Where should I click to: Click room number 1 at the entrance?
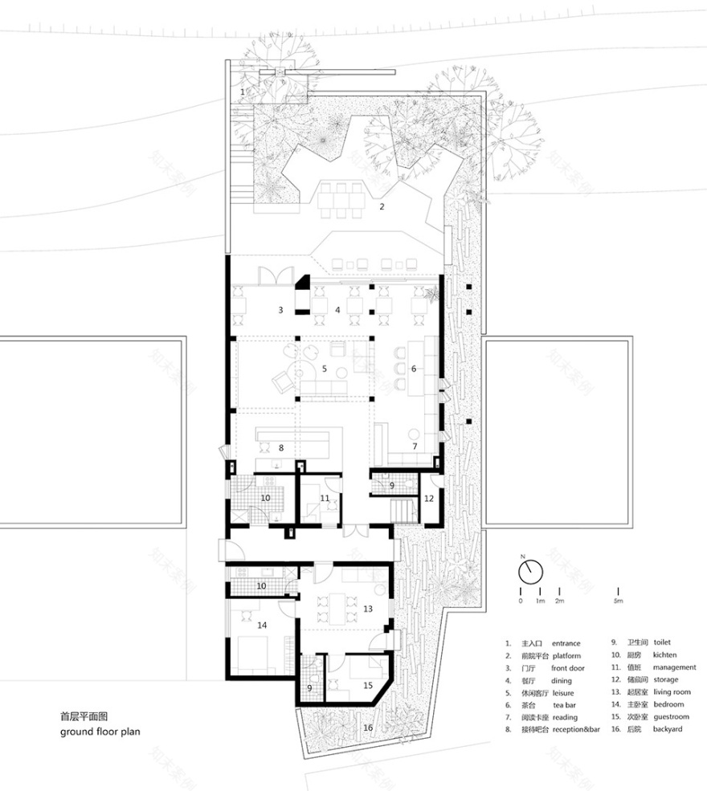242,92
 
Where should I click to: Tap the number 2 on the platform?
382,206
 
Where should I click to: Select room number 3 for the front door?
280,309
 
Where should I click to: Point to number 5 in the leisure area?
324,369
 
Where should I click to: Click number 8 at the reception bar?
280,446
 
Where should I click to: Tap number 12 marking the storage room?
428,498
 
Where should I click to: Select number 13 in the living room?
367,609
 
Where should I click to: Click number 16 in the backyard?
368,728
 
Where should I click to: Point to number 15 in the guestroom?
367,685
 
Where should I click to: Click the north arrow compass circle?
529,572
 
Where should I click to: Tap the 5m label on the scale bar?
617,601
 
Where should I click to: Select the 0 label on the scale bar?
520,601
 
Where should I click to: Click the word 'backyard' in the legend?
668,728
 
